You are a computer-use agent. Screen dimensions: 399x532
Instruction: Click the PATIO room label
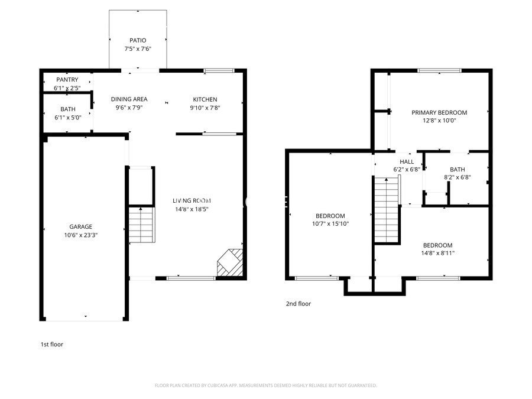tap(138, 40)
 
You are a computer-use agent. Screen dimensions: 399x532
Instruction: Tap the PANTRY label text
tap(67, 80)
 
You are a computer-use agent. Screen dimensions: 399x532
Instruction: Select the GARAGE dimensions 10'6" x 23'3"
tap(80, 235)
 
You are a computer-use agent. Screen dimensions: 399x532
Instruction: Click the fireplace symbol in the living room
tap(231, 262)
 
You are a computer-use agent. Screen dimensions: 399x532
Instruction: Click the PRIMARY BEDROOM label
tap(439, 112)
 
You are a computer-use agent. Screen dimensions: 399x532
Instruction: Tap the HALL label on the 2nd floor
tap(407, 161)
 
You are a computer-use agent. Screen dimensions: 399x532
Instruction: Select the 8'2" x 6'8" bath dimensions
tap(457, 177)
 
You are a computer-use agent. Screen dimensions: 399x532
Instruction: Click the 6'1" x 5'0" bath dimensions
tap(67, 118)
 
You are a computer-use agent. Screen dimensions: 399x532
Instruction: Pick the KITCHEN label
tap(205, 99)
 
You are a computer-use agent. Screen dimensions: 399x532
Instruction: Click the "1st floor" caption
tap(51, 344)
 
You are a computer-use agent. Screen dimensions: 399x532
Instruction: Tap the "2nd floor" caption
tap(298, 304)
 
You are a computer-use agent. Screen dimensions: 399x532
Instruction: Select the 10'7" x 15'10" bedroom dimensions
tap(330, 223)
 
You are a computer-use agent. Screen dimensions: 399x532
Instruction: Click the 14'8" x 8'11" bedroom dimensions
tap(437, 253)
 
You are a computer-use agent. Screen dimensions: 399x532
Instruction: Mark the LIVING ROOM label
tap(192, 200)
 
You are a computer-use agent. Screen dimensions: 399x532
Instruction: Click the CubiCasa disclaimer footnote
tap(265, 385)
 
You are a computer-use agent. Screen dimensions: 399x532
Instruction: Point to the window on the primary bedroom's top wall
tap(439, 71)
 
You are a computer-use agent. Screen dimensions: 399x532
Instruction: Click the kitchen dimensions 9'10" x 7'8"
tap(205, 108)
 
